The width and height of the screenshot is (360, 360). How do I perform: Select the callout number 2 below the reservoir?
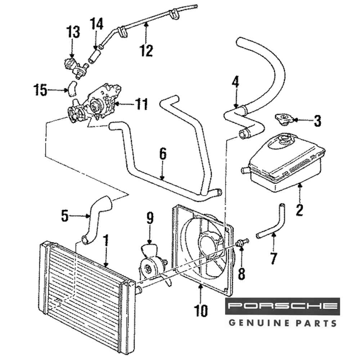pos(300,209)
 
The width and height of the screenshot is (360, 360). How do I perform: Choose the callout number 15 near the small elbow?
pos(40,90)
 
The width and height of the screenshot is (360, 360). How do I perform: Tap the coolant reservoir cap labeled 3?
pos(283,119)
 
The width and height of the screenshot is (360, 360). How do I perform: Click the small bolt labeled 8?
pos(244,242)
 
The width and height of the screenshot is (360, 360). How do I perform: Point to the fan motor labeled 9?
pos(151,265)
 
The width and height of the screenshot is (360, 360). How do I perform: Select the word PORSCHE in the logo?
pos(283,306)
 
